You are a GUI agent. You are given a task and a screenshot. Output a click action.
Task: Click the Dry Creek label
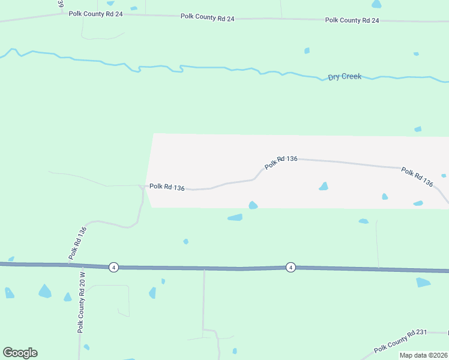pyautogui.click(x=345, y=77)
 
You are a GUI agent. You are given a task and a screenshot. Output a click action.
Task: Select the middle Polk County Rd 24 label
pyautogui.click(x=207, y=17)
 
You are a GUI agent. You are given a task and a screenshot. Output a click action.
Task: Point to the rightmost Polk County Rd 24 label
pyautogui.click(x=352, y=20)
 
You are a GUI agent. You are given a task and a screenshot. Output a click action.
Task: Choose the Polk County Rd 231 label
pyautogui.click(x=400, y=341)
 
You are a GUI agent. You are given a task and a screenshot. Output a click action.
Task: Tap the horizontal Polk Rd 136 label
pyautogui.click(x=167, y=187)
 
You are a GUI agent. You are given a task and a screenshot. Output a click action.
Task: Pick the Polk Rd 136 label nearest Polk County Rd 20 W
pyautogui.click(x=77, y=242)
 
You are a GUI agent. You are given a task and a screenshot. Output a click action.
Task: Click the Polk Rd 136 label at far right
pyautogui.click(x=417, y=177)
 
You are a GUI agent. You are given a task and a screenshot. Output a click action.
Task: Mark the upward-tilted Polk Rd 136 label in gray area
pyautogui.click(x=281, y=161)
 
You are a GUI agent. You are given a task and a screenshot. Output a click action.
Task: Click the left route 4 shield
pyautogui.click(x=113, y=267)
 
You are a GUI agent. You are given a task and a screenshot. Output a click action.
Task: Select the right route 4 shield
pyautogui.click(x=291, y=267)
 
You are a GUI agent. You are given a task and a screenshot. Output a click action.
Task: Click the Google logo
pyautogui.click(x=20, y=353)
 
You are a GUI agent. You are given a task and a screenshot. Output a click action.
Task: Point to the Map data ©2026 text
pyautogui.click(x=423, y=355)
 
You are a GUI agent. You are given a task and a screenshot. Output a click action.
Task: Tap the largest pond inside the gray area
pyautogui.click(x=324, y=187)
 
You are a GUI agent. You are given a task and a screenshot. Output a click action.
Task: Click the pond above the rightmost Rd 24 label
pyautogui.click(x=376, y=4)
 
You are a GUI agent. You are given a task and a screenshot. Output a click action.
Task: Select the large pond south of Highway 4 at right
pyautogui.click(x=423, y=282)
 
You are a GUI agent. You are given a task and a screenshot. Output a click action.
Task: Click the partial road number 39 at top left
pyautogui.click(x=61, y=4)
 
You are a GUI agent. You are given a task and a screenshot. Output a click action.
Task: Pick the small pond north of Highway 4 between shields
pyautogui.click(x=185, y=241)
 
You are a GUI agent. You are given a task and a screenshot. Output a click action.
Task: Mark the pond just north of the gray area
pyautogui.click(x=417, y=129)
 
